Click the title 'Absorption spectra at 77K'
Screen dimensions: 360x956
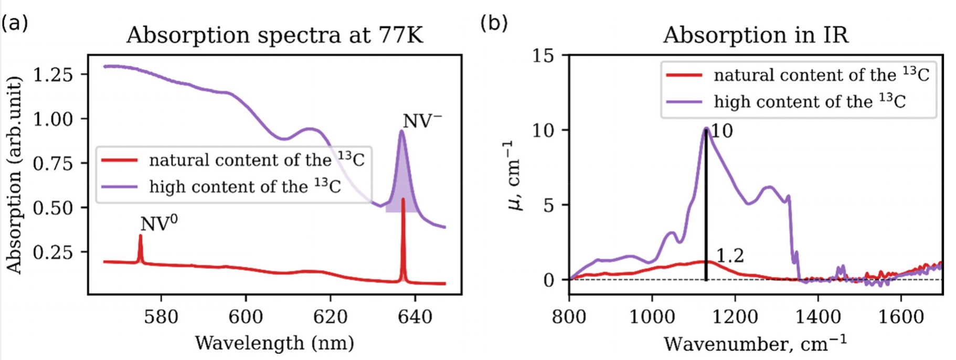(x=274, y=35)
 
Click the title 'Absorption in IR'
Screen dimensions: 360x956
(x=756, y=35)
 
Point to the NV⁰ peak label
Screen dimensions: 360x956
(x=158, y=223)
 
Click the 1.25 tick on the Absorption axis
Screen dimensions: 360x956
(x=53, y=75)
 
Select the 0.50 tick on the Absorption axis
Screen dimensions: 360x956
(x=53, y=208)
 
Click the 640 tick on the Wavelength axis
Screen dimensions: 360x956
(x=415, y=316)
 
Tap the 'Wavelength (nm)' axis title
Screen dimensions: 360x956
(x=274, y=343)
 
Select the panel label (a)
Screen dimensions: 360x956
(x=14, y=23)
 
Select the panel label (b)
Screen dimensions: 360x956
(x=494, y=23)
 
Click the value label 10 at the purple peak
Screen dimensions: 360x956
(x=721, y=131)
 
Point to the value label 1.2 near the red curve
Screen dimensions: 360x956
(x=730, y=256)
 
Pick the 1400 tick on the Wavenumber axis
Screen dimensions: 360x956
(x=818, y=316)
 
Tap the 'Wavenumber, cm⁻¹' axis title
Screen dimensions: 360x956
(x=755, y=344)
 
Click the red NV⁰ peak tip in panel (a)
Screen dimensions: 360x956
(x=140, y=236)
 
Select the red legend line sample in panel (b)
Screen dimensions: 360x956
(x=684, y=75)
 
